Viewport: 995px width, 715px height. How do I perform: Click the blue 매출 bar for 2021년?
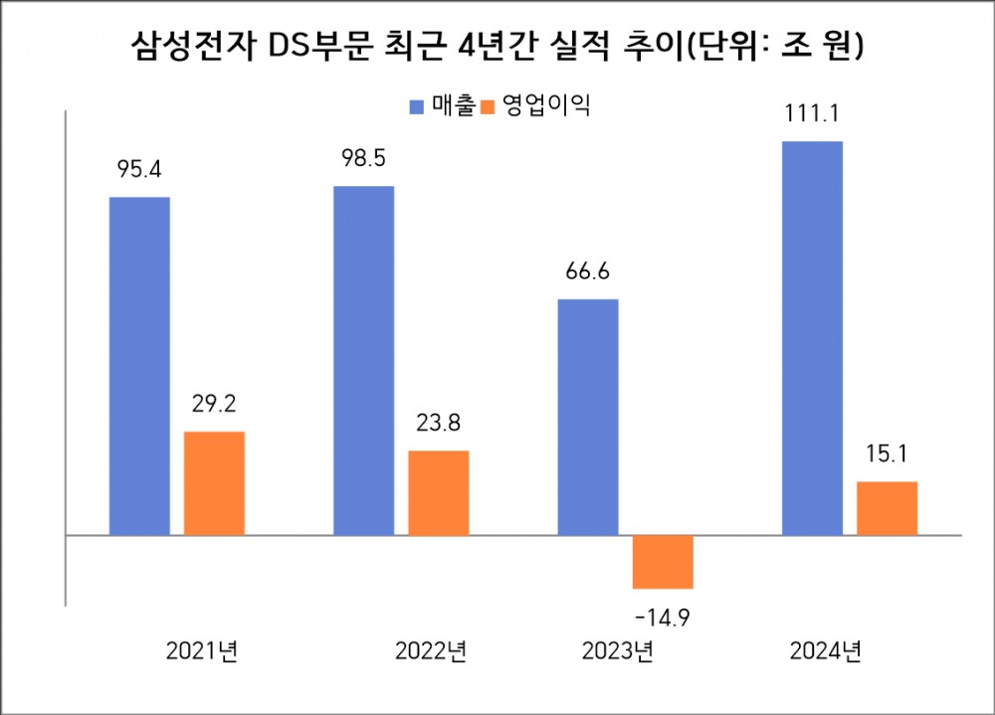pyautogui.click(x=139, y=366)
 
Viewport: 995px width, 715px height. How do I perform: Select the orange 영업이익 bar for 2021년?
pyautogui.click(x=214, y=483)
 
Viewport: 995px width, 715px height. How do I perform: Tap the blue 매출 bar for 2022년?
pyautogui.click(x=363, y=360)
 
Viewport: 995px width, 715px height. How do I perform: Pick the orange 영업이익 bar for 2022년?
pyautogui.click(x=438, y=493)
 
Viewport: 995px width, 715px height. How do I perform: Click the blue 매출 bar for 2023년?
pyautogui.click(x=587, y=417)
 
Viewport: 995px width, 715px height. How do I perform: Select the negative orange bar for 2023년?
pyautogui.click(x=663, y=562)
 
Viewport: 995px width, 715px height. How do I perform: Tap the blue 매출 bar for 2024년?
pyautogui.click(x=812, y=338)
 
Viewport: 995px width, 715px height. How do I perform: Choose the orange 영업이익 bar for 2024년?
pyautogui.click(x=887, y=508)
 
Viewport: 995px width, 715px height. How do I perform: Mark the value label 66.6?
pyautogui.click(x=587, y=270)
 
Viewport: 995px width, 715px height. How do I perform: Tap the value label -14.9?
pyautogui.click(x=663, y=618)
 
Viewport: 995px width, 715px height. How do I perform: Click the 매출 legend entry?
pyautogui.click(x=443, y=105)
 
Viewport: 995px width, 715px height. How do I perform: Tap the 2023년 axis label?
pyautogui.click(x=617, y=652)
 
